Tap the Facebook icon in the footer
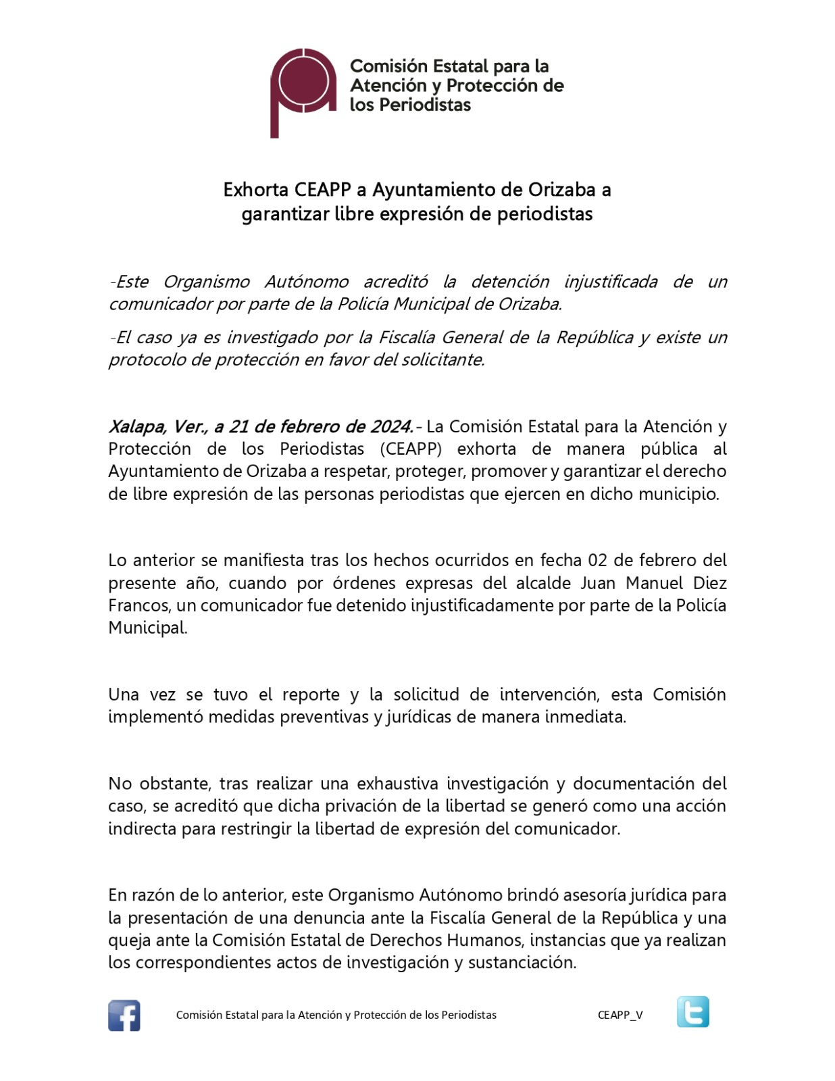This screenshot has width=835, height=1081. pos(124,1015)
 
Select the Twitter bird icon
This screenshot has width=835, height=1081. pos(692,1011)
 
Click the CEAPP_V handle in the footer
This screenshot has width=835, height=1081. pos(620,1015)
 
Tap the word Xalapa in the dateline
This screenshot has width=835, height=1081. pos(136,427)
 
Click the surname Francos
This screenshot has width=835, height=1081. pos(140,605)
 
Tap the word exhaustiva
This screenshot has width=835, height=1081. pos(398,784)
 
